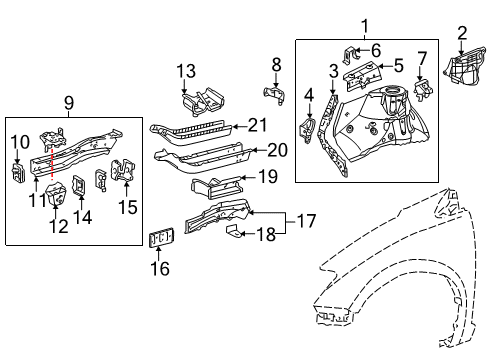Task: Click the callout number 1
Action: (364, 26)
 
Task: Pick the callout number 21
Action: (258, 125)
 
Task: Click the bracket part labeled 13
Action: (199, 104)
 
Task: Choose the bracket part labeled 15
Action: (125, 172)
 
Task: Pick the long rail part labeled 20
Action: (200, 156)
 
